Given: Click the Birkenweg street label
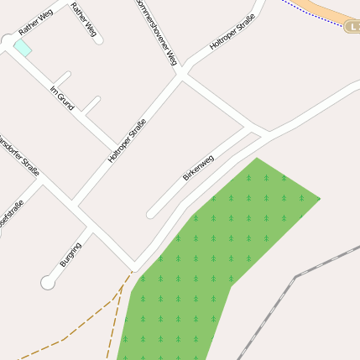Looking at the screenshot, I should point(199,168).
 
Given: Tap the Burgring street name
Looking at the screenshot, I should point(70,254).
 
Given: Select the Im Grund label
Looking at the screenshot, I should point(62,98).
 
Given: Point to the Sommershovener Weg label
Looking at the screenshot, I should point(157,32).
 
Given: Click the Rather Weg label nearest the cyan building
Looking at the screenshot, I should point(35,25).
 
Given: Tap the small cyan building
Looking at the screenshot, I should point(23,48).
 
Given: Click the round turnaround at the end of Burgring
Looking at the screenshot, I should point(48,283).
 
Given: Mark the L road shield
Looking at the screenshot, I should point(352,27).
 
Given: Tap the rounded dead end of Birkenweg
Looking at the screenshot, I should point(152,214).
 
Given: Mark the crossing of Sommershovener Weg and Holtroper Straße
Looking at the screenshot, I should point(181,75).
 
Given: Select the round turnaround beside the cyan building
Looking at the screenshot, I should point(8,40).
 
